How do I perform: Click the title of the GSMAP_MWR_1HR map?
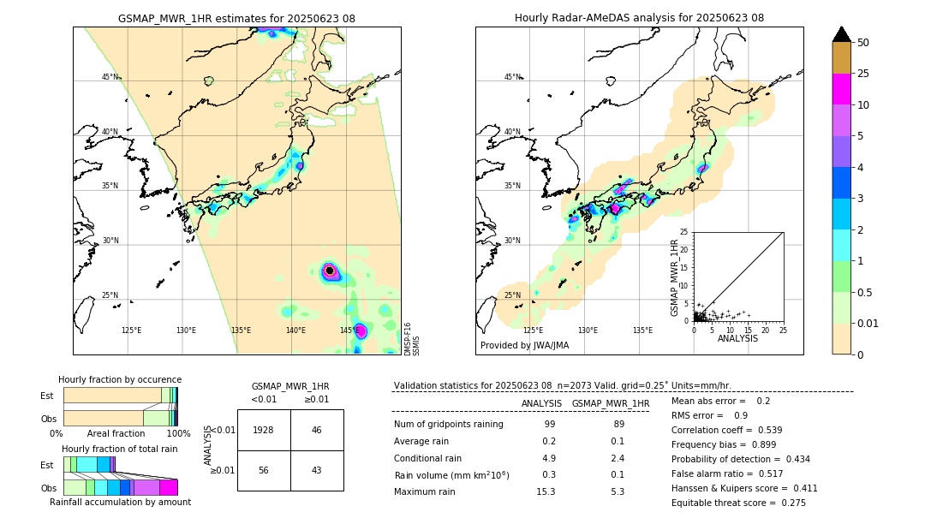(x=236, y=18)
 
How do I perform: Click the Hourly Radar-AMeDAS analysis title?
(x=639, y=18)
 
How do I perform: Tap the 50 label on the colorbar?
(x=863, y=42)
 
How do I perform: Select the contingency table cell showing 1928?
(x=264, y=430)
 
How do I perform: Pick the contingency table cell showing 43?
(x=317, y=470)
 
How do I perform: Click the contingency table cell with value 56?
(x=264, y=470)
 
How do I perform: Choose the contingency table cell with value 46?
(x=317, y=430)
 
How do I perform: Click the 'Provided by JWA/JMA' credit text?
(x=524, y=345)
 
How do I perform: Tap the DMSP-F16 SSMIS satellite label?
(x=412, y=339)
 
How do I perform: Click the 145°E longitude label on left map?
(x=349, y=330)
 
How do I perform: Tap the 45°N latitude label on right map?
(x=512, y=77)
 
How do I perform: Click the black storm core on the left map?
(x=330, y=271)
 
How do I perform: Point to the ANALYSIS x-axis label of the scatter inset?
(x=737, y=338)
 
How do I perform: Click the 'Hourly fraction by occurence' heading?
(x=120, y=379)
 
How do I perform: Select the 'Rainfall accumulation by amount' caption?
(x=121, y=502)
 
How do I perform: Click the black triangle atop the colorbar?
(x=842, y=34)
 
